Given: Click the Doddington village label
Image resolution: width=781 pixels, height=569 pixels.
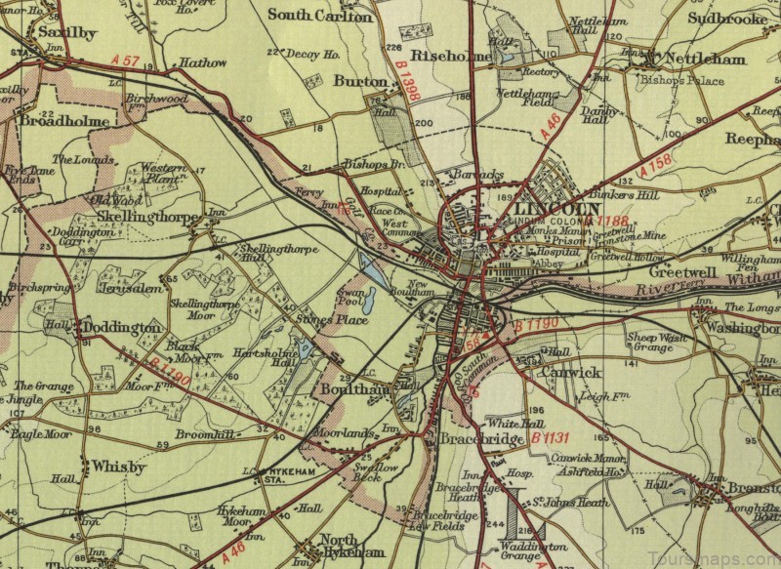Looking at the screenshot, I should pyautogui.click(x=120, y=326).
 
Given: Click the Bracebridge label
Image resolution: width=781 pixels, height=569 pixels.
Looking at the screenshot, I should pyautogui.click(x=481, y=440).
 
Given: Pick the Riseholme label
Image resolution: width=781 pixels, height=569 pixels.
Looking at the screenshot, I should pyautogui.click(x=450, y=57).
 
